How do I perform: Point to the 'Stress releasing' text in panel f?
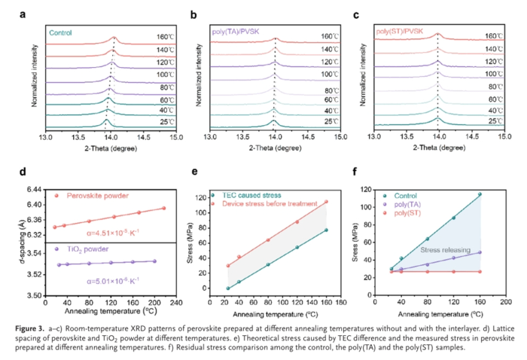445,249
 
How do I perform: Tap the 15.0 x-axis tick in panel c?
504,137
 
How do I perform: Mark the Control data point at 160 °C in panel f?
480,194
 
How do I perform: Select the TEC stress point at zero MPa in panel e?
228,288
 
